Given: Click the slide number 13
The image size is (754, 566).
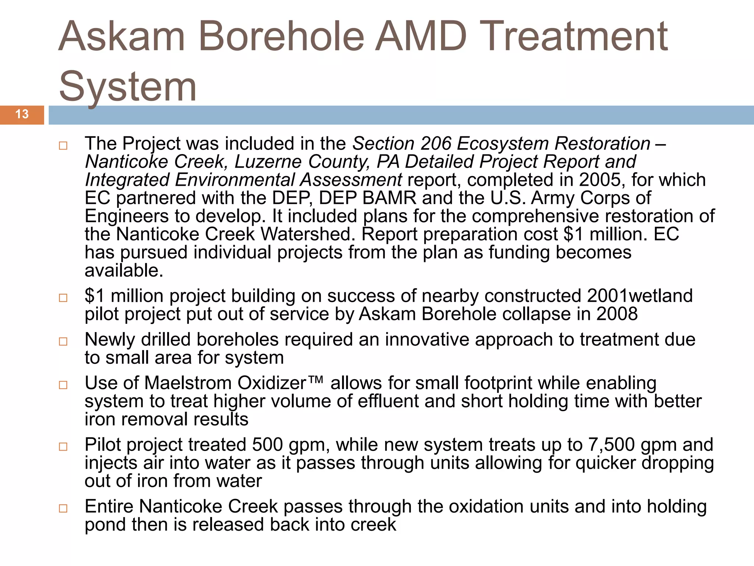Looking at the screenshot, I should tap(22, 114).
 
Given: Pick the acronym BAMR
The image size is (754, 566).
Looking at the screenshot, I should tap(389, 198).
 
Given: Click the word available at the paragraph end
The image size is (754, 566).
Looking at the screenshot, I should tap(124, 271).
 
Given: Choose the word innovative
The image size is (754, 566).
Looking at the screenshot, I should tap(427, 340).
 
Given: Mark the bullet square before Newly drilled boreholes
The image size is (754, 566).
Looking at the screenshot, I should tap(63, 342).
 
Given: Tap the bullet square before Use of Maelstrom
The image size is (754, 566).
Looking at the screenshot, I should tap(63, 385).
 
